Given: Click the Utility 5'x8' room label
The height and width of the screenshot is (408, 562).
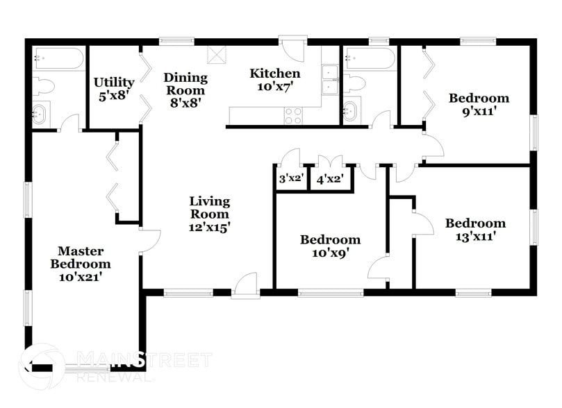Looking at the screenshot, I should [114, 89].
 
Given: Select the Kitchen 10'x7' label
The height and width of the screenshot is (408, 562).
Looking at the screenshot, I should [275, 80].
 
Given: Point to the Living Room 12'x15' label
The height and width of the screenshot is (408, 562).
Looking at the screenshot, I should [210, 214].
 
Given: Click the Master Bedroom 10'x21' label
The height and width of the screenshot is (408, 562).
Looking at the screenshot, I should [81, 264].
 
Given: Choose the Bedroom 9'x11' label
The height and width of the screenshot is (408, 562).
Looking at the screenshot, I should [479, 104].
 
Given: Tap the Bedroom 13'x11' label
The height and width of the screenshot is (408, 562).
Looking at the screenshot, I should [475, 230].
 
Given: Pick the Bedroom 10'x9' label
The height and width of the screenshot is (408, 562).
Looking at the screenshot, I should [330, 246].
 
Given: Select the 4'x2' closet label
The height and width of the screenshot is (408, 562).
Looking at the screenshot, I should [330, 179].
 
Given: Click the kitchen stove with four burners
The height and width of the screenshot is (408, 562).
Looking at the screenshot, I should [294, 116].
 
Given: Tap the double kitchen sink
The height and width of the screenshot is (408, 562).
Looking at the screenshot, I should [331, 80].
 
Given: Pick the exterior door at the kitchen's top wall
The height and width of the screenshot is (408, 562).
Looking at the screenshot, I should [292, 49].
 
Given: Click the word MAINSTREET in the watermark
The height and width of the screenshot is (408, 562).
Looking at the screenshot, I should [143, 360].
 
